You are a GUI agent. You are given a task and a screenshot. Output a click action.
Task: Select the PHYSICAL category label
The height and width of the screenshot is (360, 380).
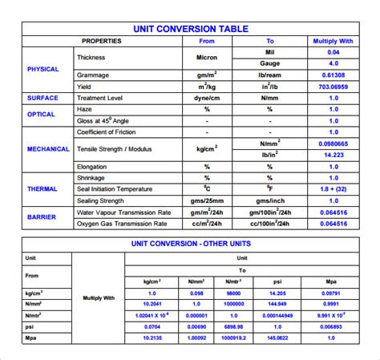point(42,69)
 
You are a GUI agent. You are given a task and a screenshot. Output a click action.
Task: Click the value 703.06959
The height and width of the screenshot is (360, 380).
point(334,86)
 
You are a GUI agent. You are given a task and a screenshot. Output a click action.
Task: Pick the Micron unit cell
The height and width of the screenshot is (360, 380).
point(207,58)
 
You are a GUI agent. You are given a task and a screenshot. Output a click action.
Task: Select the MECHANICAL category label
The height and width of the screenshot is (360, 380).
point(48,148)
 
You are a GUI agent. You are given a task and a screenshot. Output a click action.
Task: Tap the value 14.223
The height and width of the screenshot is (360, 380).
point(334,155)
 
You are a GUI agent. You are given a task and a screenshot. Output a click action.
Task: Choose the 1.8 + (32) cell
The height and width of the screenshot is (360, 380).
point(334,189)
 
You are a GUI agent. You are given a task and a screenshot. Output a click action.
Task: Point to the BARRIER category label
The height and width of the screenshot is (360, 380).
point(42,216)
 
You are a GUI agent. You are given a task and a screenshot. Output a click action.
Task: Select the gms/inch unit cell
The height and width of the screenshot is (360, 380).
point(269,200)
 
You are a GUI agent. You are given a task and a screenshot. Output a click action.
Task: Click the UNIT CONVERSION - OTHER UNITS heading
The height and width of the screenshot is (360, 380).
point(201,243)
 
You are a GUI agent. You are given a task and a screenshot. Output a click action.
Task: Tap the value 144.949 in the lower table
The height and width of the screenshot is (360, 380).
point(277,305)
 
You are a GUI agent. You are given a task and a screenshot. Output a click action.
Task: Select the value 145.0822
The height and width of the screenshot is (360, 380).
point(277,338)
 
